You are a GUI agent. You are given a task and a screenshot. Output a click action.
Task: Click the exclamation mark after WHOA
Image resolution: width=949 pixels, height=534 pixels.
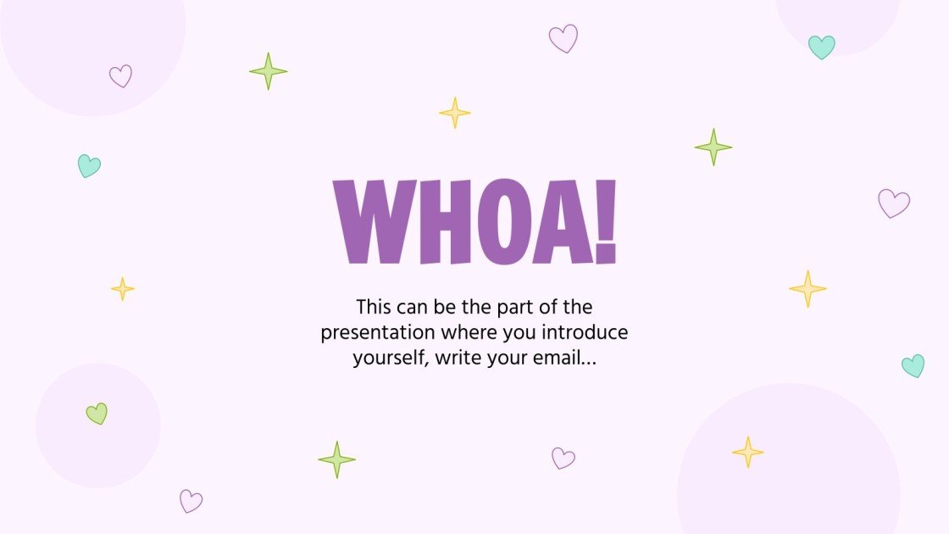pyautogui.click(x=605, y=222)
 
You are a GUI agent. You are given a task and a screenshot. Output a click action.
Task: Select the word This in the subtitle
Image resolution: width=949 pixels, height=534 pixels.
pyautogui.click(x=375, y=306)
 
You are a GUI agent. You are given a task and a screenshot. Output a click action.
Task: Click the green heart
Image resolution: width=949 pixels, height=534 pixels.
pyautogui.click(x=97, y=414)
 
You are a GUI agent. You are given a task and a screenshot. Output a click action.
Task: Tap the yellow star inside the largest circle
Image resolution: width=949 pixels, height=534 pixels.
pyautogui.click(x=747, y=452)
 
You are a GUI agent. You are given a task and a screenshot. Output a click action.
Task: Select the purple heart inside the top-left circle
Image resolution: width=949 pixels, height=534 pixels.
pyautogui.click(x=120, y=76)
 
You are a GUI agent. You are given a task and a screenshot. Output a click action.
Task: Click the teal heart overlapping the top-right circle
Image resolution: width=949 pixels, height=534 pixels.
pyautogui.click(x=821, y=47)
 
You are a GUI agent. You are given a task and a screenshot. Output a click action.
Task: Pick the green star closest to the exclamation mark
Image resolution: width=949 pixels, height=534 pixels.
pyautogui.click(x=713, y=147)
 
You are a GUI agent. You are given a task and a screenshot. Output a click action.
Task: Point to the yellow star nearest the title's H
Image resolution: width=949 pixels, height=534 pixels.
pyautogui.click(x=454, y=113)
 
